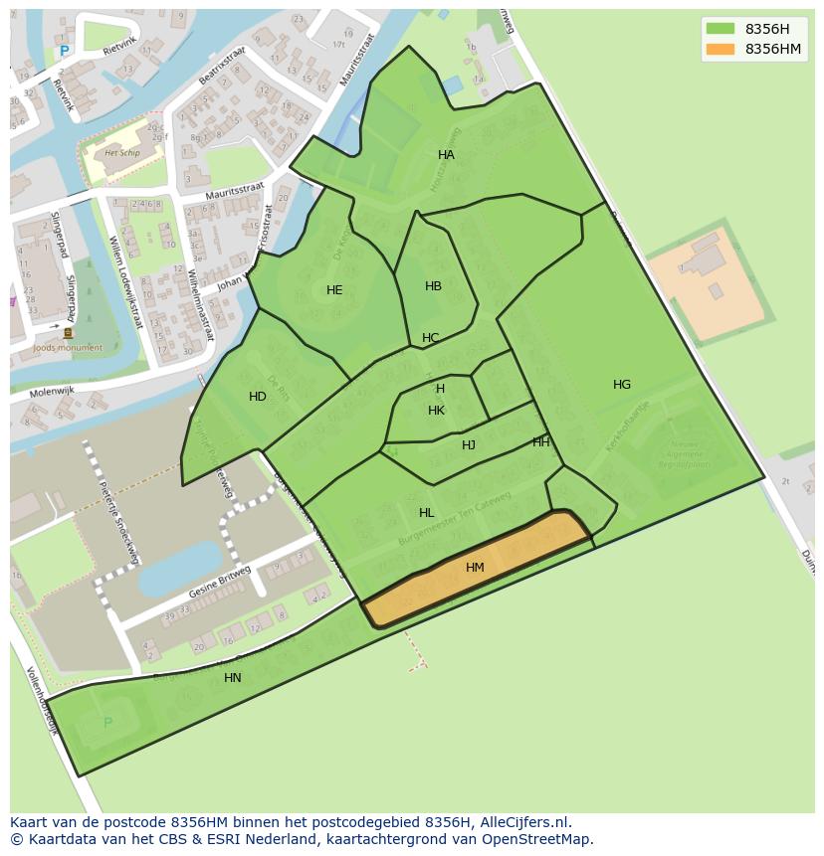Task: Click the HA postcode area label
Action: pyautogui.click(x=446, y=155)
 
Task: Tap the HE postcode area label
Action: pyautogui.click(x=334, y=290)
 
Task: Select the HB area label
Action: pyautogui.click(x=433, y=286)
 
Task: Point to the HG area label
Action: pyautogui.click(x=622, y=385)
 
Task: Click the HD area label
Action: pyautogui.click(x=258, y=397)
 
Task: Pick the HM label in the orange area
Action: pyautogui.click(x=475, y=568)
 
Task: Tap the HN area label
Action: pyautogui.click(x=233, y=678)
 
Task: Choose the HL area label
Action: pyautogui.click(x=426, y=513)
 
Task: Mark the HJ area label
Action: pyautogui.click(x=469, y=445)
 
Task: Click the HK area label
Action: pyautogui.click(x=436, y=411)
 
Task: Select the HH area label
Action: pyautogui.click(x=540, y=442)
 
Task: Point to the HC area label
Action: pyautogui.click(x=430, y=338)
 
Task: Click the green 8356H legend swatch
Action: pyautogui.click(x=721, y=29)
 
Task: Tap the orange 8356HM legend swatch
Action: pyautogui.click(x=721, y=49)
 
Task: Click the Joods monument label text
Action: pyautogui.click(x=68, y=348)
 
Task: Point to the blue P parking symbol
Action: pyautogui.click(x=65, y=52)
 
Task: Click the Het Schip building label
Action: pyautogui.click(x=121, y=153)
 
